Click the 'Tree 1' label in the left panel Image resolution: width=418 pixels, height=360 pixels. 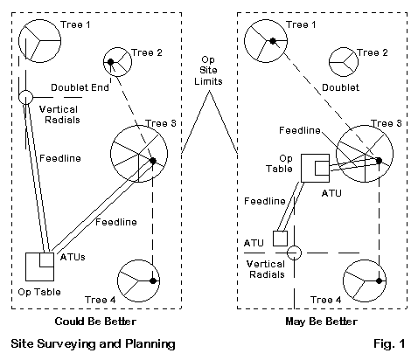point(75,24)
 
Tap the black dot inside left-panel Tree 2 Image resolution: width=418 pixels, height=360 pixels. point(110,62)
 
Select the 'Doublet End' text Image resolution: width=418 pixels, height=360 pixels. point(80,87)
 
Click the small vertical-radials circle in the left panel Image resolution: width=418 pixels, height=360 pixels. point(25,97)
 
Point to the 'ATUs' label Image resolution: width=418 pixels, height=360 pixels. point(73,257)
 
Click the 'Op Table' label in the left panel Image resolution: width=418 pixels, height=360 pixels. point(39,292)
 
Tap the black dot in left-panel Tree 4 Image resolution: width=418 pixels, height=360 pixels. point(153,280)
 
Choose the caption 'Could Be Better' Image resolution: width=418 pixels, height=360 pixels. point(95,322)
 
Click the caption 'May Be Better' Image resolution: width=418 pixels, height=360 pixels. point(321,322)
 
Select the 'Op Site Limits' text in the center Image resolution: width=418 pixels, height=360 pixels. point(208,71)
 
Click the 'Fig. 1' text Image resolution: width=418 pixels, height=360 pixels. point(389,343)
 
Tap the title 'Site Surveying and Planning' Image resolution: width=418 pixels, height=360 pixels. point(93,344)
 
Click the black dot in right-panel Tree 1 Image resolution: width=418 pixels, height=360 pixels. point(273,41)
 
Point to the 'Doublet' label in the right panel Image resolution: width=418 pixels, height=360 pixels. point(340,87)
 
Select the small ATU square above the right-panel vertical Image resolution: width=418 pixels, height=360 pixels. point(280,239)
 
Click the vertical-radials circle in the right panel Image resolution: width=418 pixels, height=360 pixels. point(294,253)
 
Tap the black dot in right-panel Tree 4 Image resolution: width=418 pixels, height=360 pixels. point(379,280)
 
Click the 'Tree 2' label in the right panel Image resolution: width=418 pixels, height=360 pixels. point(373,52)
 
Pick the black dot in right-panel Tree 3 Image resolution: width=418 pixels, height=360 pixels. point(379,161)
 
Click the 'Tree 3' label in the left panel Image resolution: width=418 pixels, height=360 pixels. point(161,123)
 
